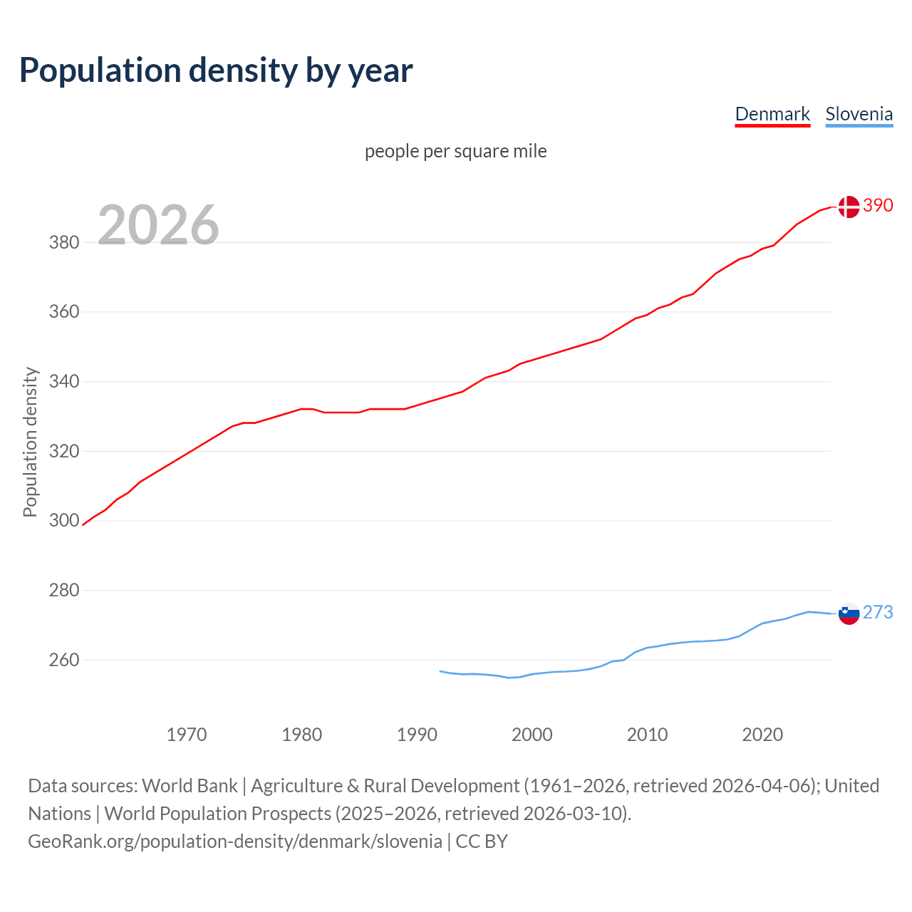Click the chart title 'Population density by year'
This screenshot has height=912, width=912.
216,71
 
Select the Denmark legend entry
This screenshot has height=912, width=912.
772,114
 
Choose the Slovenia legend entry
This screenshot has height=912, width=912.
859,114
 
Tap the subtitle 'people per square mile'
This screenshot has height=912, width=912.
456,151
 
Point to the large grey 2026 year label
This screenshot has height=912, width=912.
158,225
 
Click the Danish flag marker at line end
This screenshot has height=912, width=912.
848,207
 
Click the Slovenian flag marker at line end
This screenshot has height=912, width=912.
849,613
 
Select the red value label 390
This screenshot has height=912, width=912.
878,205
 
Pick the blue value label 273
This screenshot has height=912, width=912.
878,612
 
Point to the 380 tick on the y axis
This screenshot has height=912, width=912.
64,242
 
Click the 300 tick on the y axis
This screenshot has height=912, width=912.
64,521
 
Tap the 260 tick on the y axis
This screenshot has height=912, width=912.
64,660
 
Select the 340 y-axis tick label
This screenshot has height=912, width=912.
64,381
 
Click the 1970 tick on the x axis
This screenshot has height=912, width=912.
187,735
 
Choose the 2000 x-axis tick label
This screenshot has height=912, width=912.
532,735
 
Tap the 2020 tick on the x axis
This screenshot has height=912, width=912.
762,735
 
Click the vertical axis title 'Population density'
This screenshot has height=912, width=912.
30,442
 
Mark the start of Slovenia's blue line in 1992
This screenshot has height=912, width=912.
440,671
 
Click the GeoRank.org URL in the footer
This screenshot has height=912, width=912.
235,841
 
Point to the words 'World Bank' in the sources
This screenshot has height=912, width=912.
190,786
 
